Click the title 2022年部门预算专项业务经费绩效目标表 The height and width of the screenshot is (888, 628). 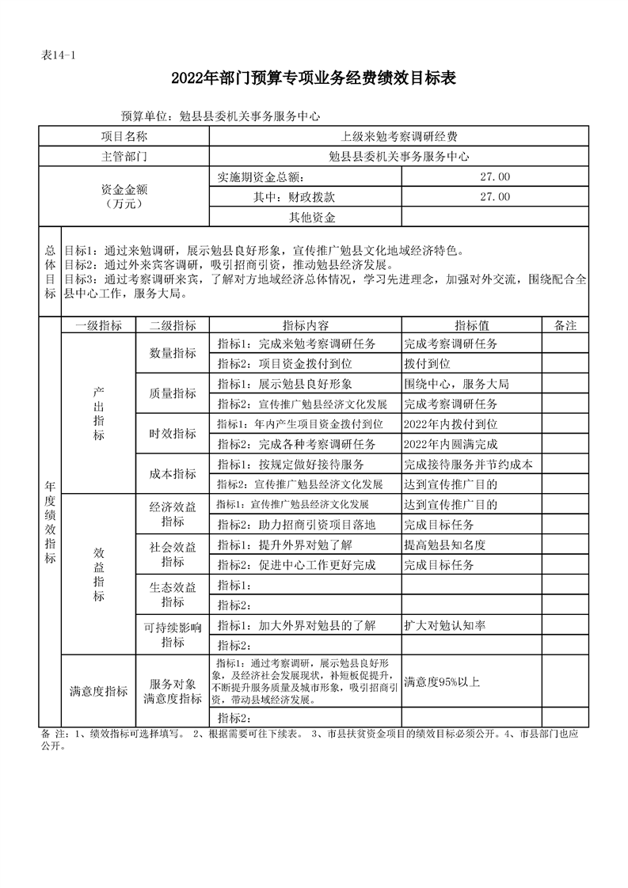[314, 78]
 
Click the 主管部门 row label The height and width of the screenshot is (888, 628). [124, 157]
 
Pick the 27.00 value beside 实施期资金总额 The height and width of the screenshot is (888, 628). [495, 176]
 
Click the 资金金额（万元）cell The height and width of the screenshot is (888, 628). [124, 196]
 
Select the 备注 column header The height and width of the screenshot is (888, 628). [565, 325]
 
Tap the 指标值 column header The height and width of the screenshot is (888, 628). [471, 325]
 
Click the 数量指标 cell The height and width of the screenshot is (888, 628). [173, 354]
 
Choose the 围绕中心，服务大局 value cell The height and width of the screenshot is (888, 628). [456, 384]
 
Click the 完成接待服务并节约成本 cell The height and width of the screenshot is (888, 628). [467, 464]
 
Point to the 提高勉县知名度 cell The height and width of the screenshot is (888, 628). [444, 545]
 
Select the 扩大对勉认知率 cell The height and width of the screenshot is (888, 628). [444, 625]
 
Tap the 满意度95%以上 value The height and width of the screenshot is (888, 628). [442, 681]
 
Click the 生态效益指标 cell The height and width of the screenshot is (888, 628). [173, 595]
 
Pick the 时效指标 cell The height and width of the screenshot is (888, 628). [173, 434]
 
